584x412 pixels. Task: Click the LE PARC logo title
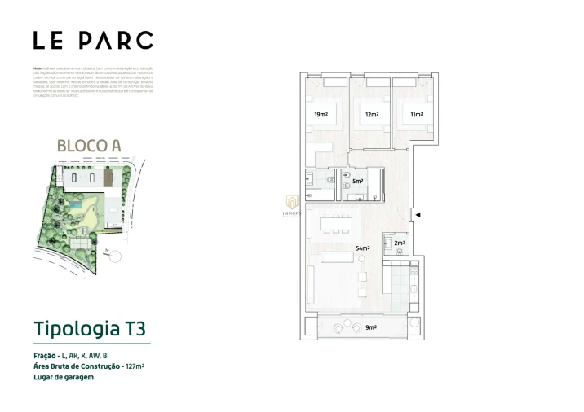tap(93, 40)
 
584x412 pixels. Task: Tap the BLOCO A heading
tap(89, 146)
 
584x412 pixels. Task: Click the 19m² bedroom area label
tap(321, 115)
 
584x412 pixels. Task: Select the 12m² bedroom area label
tap(372, 115)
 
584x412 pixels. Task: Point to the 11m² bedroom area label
tap(417, 115)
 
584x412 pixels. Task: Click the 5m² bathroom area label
tap(358, 182)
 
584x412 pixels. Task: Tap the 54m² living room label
tap(363, 248)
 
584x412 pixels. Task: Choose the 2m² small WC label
tap(400, 242)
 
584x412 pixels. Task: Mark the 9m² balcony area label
tap(371, 327)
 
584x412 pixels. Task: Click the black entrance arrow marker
tap(418, 214)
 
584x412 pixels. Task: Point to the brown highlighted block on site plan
tap(108, 177)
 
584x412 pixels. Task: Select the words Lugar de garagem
tap(64, 377)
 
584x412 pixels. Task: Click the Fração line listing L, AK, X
tap(77, 356)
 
